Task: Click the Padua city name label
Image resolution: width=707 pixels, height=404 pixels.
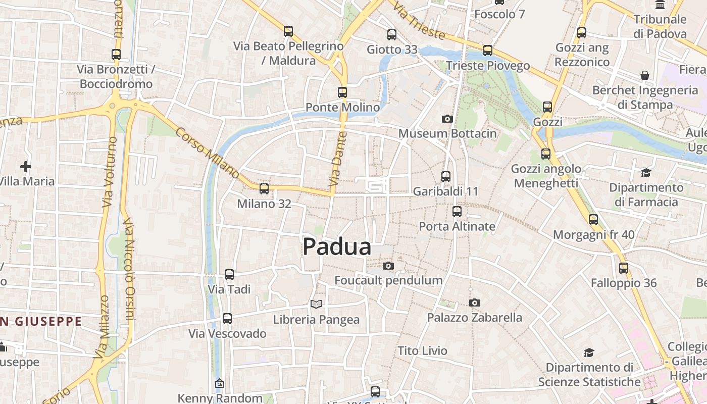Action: (x=337, y=247)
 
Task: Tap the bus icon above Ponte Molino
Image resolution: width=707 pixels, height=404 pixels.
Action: (x=342, y=92)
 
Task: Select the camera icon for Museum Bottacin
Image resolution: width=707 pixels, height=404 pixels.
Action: (x=447, y=119)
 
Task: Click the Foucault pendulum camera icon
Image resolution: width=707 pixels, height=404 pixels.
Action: (x=388, y=266)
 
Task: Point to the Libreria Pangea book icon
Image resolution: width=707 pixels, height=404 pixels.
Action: (x=316, y=304)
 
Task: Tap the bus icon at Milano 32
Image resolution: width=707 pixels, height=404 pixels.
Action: (x=264, y=189)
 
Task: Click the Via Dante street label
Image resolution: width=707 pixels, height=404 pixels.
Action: (x=337, y=158)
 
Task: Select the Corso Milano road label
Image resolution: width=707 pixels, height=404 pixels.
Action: (x=208, y=153)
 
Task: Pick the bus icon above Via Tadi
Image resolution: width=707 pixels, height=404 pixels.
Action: (x=229, y=275)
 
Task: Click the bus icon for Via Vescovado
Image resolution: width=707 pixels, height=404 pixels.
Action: (x=227, y=319)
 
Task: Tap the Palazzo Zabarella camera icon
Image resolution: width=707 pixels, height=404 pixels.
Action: (x=474, y=302)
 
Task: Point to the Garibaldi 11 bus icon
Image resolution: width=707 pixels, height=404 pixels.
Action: (x=445, y=176)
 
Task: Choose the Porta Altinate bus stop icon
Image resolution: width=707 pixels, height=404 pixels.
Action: (x=457, y=211)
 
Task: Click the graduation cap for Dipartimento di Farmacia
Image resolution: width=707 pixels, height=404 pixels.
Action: (x=646, y=173)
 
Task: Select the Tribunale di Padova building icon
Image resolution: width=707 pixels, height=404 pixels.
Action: (x=660, y=5)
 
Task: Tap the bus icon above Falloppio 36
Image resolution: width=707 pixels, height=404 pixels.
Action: (x=624, y=268)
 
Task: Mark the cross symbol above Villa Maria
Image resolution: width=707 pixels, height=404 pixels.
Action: (x=25, y=166)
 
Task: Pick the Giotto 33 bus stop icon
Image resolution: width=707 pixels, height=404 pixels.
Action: (x=392, y=35)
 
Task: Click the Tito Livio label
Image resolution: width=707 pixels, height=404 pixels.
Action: (x=422, y=350)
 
